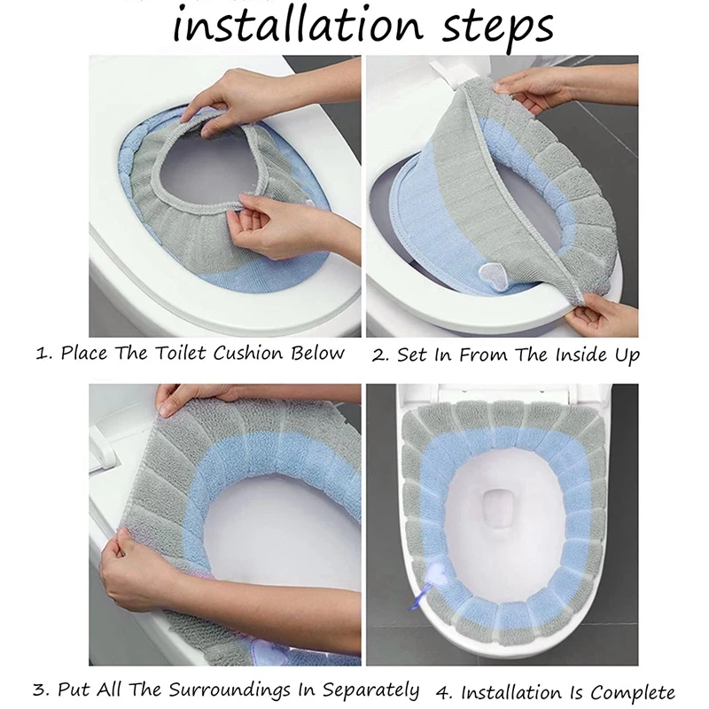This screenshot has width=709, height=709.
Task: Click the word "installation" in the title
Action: click(x=298, y=25)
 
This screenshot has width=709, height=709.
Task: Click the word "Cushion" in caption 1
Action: click(x=248, y=353)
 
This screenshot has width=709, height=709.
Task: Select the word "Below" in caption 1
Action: click(x=317, y=353)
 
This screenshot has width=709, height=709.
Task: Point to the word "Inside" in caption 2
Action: click(x=580, y=354)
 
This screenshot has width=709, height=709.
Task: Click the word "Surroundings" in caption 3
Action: click(x=230, y=690)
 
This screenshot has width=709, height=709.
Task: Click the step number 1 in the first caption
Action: click(x=42, y=354)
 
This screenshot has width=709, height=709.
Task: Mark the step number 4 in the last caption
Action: click(x=444, y=693)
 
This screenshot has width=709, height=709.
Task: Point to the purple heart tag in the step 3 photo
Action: click(x=270, y=654)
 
